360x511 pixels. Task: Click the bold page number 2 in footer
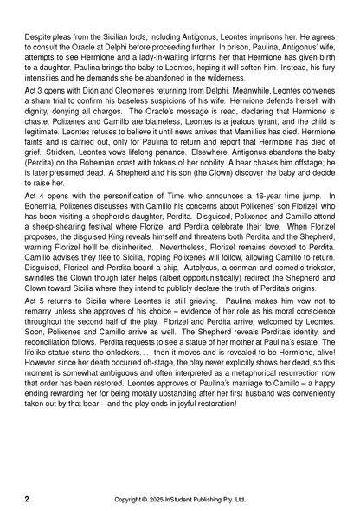click(x=27, y=499)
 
